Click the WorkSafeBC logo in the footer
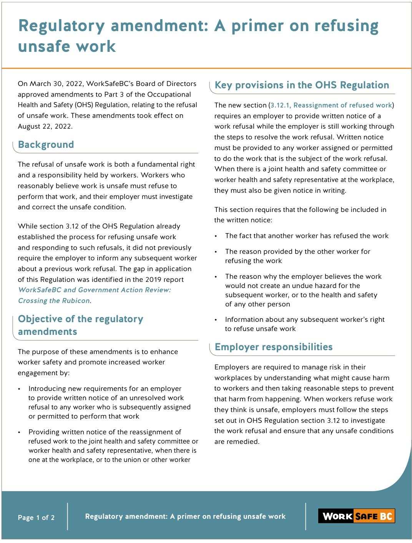click(x=356, y=516)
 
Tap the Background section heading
click(x=46, y=145)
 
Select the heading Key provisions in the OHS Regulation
click(x=302, y=85)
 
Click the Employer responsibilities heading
click(x=273, y=347)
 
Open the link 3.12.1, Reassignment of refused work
click(x=331, y=105)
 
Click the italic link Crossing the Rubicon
click(x=54, y=301)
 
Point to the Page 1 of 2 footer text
click(x=36, y=518)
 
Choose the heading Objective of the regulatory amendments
click(x=80, y=325)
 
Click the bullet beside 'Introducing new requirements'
click(x=19, y=389)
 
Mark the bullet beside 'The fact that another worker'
click(x=216, y=236)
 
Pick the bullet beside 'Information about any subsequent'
click(x=216, y=320)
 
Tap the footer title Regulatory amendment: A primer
click(x=185, y=517)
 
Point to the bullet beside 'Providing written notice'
click(x=19, y=432)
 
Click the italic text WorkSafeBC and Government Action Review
click(x=94, y=290)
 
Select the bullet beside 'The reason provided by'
click(x=216, y=252)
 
